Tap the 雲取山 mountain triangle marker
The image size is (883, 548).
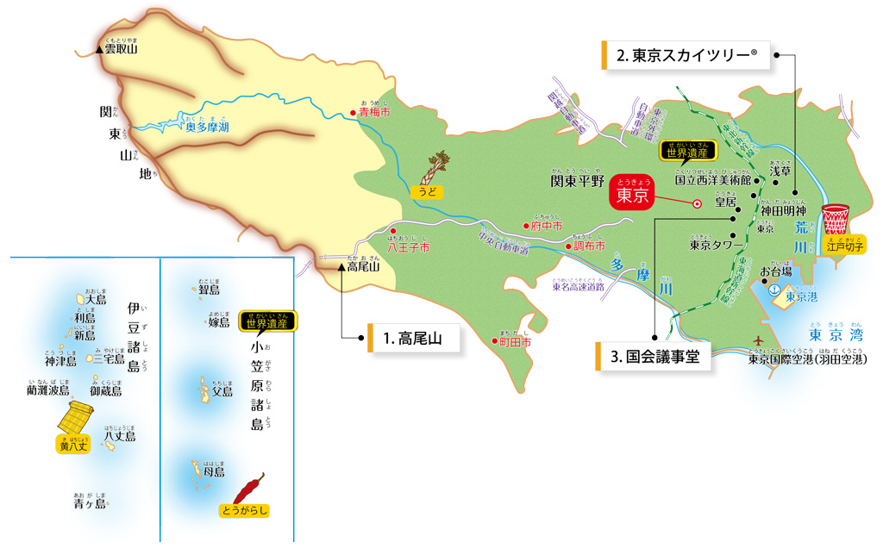(100, 49)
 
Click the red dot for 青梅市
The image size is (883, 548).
(352, 113)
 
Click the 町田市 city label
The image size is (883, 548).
(516, 342)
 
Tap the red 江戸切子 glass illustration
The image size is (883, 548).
(836, 220)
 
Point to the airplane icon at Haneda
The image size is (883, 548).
(758, 341)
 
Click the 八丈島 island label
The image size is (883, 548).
(120, 437)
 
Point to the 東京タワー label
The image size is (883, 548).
(717, 245)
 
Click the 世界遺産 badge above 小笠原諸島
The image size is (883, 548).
(268, 321)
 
